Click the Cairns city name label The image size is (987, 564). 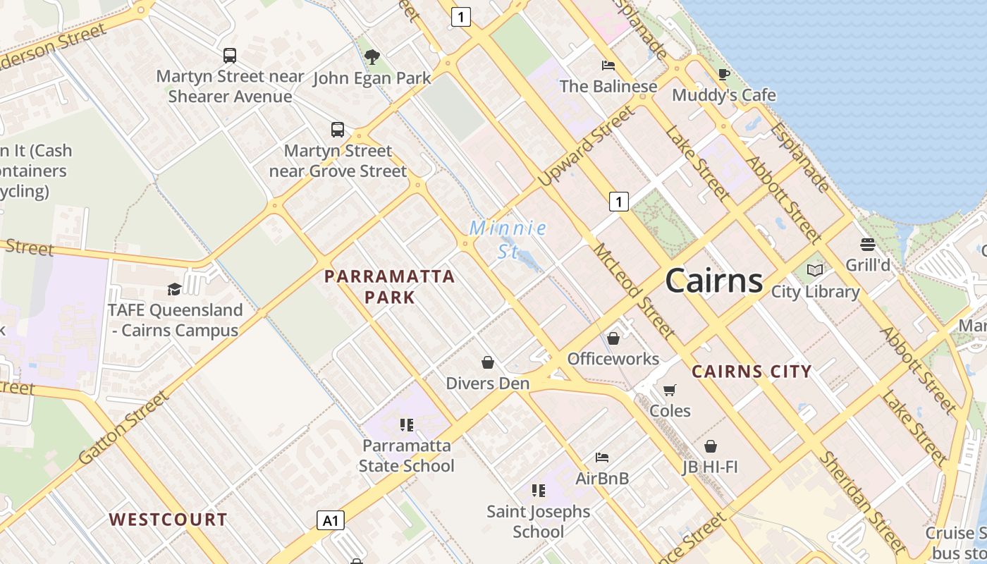[x=713, y=281]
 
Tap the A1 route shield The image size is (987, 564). [x=330, y=520]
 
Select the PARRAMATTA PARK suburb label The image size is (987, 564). [x=389, y=286]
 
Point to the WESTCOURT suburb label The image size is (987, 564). [x=168, y=520]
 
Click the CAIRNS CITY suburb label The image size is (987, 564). [x=752, y=372]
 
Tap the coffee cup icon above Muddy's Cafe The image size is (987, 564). [x=723, y=74]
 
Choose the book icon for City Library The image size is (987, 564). [x=815, y=270]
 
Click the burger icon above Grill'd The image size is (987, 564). [x=868, y=245]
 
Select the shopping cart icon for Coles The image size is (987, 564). [x=669, y=390]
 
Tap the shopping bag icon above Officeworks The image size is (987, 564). [x=613, y=338]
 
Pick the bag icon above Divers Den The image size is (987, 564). [x=487, y=362]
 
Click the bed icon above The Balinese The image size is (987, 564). [x=608, y=66]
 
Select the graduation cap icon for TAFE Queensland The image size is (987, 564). [x=173, y=289]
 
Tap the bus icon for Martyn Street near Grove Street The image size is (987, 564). [x=338, y=130]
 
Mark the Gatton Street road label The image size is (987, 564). [x=124, y=427]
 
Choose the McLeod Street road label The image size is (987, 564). [x=634, y=290]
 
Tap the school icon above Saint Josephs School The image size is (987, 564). [x=538, y=490]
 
